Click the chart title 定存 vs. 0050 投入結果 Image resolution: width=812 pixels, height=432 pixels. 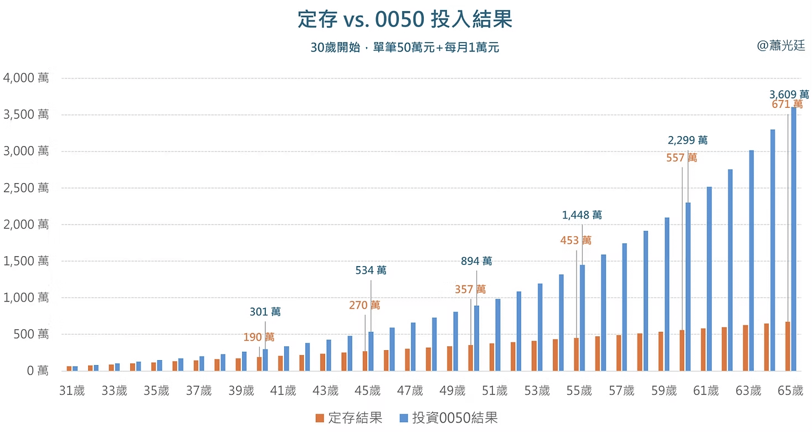[405, 19]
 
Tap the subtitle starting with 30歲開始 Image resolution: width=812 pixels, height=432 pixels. [405, 48]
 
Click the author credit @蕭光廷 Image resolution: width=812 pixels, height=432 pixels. [781, 46]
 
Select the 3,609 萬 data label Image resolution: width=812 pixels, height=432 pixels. [789, 94]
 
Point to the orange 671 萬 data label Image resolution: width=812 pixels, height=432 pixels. [787, 105]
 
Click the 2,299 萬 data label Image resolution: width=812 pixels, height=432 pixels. [688, 140]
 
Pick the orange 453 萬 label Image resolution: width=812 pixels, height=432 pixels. [576, 241]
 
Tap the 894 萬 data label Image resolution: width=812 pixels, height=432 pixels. [476, 261]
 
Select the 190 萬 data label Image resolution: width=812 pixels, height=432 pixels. [259, 337]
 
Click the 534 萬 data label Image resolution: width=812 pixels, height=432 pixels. [371, 270]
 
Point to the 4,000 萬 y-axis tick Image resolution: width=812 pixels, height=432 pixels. [26, 78]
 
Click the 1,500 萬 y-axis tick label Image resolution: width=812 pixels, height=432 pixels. [26, 261]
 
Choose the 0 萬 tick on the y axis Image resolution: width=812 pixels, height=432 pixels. [36, 371]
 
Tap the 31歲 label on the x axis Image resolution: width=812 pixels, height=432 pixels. [72, 391]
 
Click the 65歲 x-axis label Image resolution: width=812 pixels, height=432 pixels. [790, 391]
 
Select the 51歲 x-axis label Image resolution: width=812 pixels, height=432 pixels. [495, 391]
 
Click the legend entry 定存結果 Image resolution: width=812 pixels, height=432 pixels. [349, 418]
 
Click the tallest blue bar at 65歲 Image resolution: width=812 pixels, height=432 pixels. [794, 238]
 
